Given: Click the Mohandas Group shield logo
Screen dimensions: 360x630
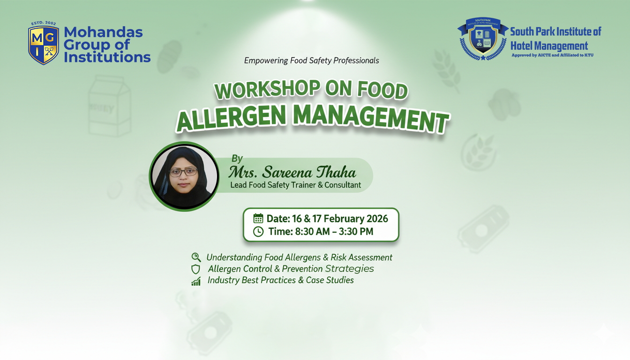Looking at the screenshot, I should click(44, 45).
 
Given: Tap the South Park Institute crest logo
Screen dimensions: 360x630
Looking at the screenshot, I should click(482, 39).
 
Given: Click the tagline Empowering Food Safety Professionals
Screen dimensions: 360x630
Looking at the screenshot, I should click(312, 60).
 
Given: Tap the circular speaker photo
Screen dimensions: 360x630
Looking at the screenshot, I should click(184, 176).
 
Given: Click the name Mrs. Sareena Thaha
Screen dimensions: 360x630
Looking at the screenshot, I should click(292, 172).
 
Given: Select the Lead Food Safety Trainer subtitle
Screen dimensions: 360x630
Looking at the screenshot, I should click(295, 185).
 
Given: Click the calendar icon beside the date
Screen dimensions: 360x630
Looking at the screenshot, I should click(258, 218).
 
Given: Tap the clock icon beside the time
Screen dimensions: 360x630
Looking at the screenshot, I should click(258, 232).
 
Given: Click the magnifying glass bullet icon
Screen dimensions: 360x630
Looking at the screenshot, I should click(196, 257).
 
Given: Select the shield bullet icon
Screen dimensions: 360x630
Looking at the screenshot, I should click(196, 269).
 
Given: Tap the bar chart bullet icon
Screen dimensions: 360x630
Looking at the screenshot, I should click(196, 281).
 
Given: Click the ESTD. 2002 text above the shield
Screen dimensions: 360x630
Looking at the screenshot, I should click(44, 23).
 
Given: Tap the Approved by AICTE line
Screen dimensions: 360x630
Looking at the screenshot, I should click(552, 55).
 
